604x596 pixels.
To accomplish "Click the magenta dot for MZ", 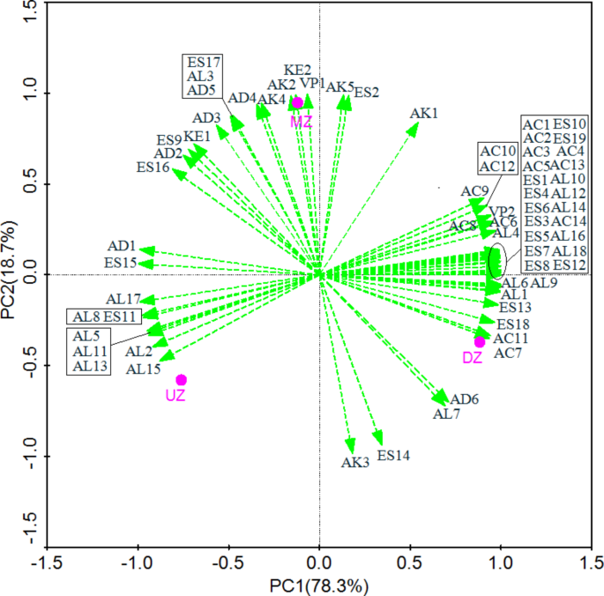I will [298, 102].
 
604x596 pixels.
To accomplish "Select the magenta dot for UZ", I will [182, 380].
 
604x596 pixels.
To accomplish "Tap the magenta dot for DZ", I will [480, 342].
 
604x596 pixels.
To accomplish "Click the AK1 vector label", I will [424, 114].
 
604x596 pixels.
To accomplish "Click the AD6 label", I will [465, 399].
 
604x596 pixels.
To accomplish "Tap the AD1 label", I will [121, 246].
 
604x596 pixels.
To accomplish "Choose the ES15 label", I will [120, 263].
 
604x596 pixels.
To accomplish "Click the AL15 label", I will [143, 369].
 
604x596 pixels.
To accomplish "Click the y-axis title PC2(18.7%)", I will [11, 275].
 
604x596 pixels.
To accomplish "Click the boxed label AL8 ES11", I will [104, 317].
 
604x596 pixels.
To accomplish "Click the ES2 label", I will [367, 92].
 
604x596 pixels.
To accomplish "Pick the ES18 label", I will [513, 324].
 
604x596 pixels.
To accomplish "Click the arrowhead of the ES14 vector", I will [380, 442].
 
